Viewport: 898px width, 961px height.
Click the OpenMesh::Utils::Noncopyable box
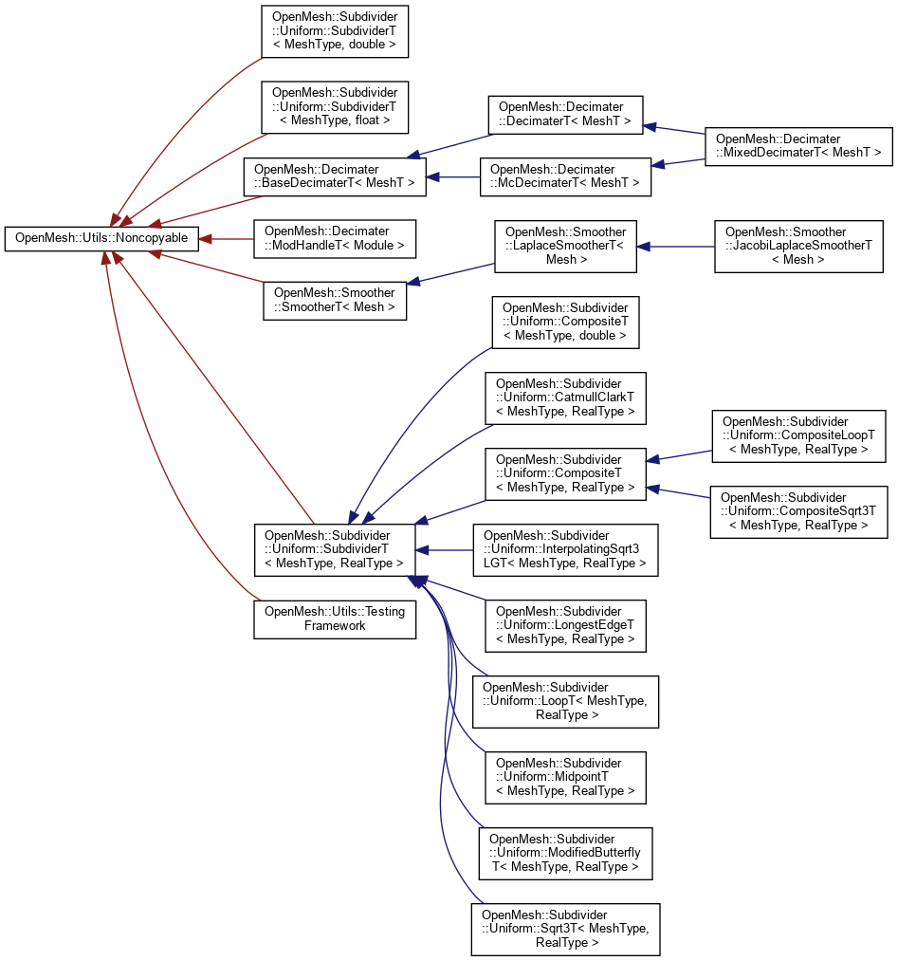click(x=102, y=238)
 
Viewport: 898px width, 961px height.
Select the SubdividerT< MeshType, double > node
click(x=335, y=30)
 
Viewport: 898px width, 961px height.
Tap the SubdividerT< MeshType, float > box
click(x=335, y=106)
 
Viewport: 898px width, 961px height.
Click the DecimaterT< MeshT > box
click(x=564, y=115)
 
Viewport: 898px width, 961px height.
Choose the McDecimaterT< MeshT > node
click(x=565, y=176)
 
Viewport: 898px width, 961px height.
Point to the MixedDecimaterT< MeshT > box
click(x=797, y=146)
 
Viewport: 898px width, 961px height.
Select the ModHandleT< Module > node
click(x=335, y=238)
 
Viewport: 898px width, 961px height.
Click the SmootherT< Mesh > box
click(x=335, y=300)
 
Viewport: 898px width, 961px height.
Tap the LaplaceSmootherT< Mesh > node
click(x=565, y=247)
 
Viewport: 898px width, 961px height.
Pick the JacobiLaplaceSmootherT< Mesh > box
click(x=798, y=247)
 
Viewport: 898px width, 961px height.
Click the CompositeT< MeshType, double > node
click(x=565, y=322)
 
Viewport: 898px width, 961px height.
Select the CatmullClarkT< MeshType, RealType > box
click(x=565, y=398)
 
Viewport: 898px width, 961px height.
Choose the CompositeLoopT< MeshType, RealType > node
click(x=798, y=436)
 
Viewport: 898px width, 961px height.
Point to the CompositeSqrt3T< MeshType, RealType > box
click(x=798, y=512)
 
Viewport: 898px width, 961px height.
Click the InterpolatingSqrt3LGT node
click(x=565, y=549)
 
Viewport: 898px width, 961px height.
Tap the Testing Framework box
click(x=335, y=619)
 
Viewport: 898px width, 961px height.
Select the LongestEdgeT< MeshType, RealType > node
click(x=565, y=625)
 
